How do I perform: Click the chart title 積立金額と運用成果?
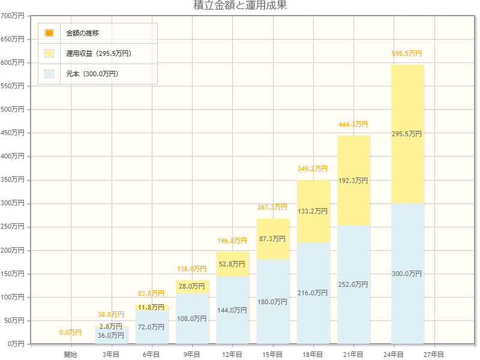(239, 6)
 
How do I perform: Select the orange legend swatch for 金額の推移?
(49, 33)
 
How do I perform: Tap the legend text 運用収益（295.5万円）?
(98, 53)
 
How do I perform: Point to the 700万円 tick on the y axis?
(13, 16)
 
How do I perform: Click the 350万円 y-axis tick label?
(13, 179)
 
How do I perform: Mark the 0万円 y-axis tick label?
(14, 344)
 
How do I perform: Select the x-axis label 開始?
(71, 355)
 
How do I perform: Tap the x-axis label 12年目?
(232, 355)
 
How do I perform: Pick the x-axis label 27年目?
(434, 355)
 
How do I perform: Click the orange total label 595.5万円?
(407, 53)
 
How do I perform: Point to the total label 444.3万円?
(353, 124)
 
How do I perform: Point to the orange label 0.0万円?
(71, 332)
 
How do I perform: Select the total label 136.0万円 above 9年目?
(192, 269)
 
